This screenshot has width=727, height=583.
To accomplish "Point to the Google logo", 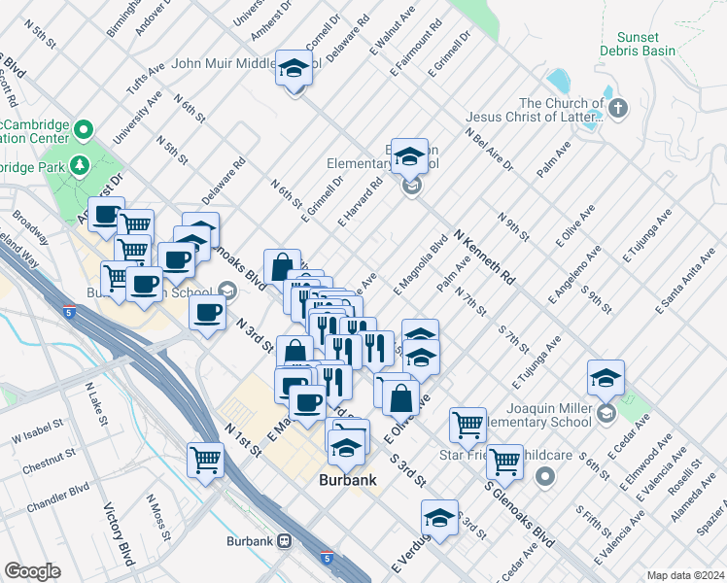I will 32,570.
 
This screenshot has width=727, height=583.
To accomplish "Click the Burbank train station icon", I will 285,540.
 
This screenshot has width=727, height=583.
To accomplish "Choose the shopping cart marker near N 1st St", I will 206,459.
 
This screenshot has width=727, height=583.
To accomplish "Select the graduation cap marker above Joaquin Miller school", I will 605,377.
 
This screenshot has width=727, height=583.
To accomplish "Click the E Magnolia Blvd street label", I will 420,265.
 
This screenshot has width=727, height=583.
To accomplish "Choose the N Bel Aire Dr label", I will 489,150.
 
